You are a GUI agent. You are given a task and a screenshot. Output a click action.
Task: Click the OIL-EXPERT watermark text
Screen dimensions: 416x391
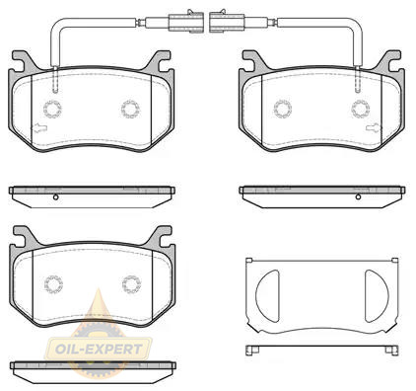point(99,349)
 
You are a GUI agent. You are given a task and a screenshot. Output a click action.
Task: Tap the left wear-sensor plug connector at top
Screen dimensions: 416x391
point(186,22)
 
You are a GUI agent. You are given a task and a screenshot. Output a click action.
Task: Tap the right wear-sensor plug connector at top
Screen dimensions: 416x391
point(227,22)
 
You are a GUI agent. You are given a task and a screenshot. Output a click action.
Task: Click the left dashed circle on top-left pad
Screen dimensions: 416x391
point(52,109)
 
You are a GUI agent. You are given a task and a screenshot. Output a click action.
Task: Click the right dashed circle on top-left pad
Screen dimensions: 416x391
point(130,109)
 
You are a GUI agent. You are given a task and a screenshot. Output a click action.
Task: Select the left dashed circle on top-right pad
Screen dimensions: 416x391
point(283,109)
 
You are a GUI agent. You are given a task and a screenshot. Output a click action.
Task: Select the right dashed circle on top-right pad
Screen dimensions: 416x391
point(361,109)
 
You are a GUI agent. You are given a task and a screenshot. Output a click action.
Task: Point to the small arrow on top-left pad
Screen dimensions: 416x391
point(39,127)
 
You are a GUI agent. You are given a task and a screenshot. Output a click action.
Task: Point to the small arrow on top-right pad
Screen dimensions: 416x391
point(373,127)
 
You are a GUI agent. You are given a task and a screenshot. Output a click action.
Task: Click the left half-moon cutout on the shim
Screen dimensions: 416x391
point(268,296)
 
